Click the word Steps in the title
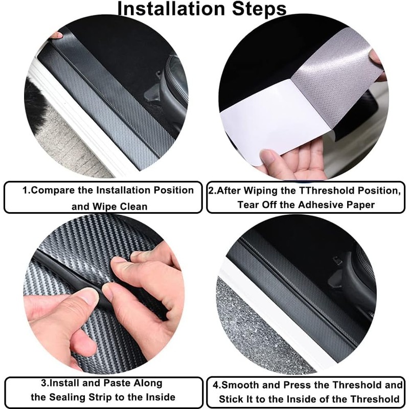256,9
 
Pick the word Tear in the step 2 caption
249,204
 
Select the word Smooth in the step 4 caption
241,385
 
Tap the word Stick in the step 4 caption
233,399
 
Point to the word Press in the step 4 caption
298,385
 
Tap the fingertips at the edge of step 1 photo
56,35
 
